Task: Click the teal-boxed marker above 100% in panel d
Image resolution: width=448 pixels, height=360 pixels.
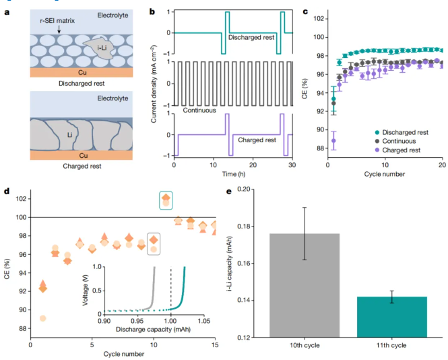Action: point(166,199)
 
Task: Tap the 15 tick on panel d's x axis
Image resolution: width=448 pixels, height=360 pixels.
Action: point(215,345)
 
